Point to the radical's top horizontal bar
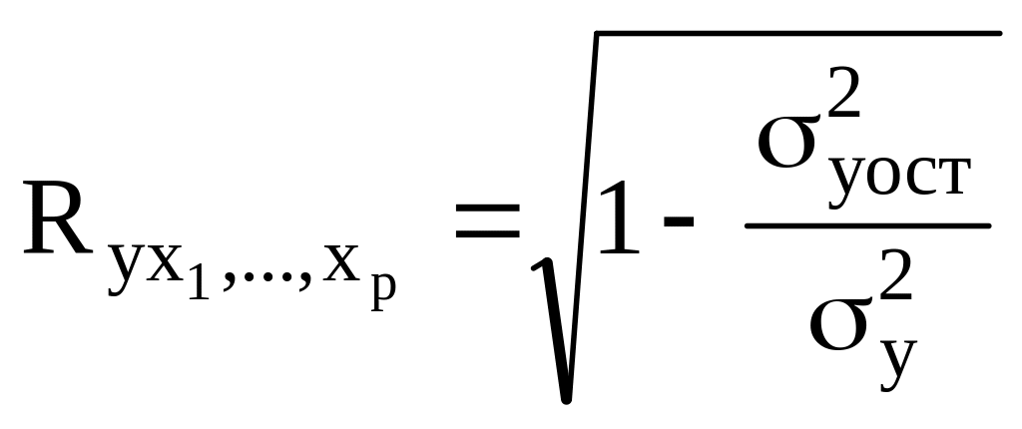[798, 35]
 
